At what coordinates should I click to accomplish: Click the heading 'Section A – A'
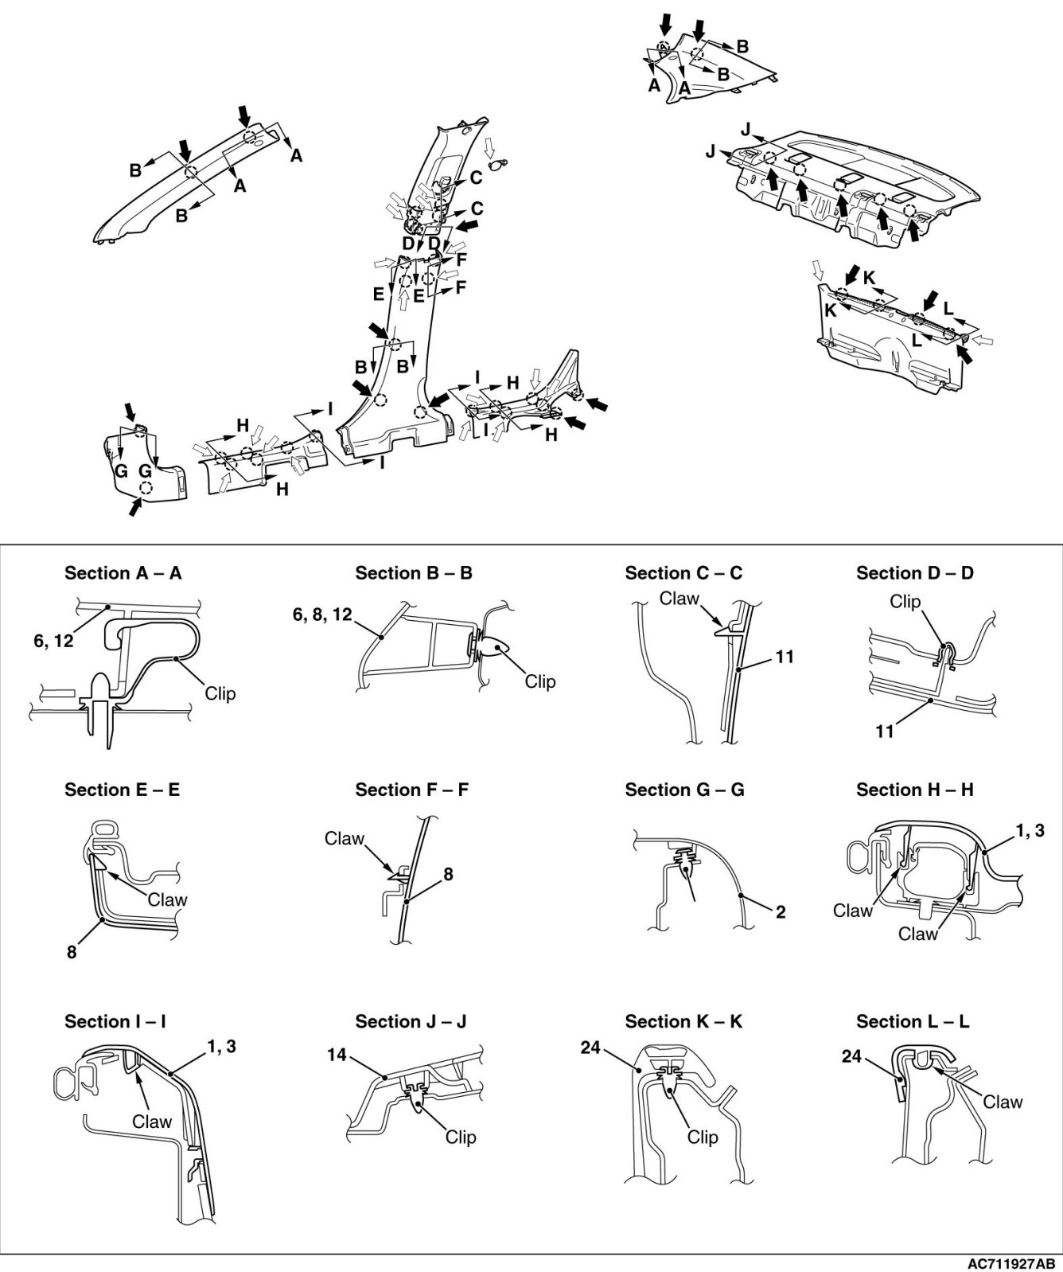[x=123, y=573]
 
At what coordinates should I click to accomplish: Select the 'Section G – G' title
[x=684, y=790]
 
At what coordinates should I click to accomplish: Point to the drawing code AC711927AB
[x=1011, y=1263]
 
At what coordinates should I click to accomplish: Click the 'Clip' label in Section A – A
[x=220, y=693]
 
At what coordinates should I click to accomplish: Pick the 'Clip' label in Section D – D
[x=905, y=602]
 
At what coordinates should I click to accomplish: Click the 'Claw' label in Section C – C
[x=679, y=599]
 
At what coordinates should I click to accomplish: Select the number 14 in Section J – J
[x=337, y=1055]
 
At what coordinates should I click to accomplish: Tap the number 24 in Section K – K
[x=590, y=1048]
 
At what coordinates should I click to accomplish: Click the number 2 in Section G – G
[x=781, y=912]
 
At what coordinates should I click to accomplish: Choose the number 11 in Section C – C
[x=785, y=657]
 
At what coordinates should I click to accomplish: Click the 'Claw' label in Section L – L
[x=1003, y=1102]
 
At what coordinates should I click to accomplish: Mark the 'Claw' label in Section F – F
[x=344, y=838]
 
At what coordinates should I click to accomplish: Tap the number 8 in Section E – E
[x=72, y=951]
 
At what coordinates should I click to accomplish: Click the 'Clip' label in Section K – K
[x=702, y=1137]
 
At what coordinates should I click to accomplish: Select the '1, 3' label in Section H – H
[x=1029, y=832]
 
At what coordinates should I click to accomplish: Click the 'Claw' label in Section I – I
[x=152, y=1122]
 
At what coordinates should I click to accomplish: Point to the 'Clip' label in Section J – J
[x=461, y=1137]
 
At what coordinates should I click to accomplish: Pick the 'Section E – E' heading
[x=122, y=790]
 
